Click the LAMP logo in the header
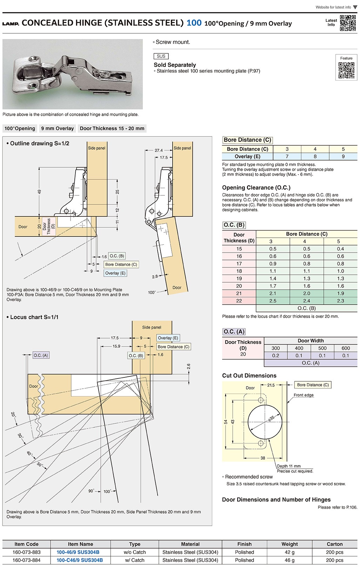pos(11,24)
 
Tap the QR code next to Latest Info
pos(348,23)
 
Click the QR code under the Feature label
pos(346,70)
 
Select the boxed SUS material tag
pos(161,56)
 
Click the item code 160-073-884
pos(26,560)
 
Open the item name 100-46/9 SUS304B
pos(78,552)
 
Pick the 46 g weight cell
pos(289,560)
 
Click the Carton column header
pos(334,544)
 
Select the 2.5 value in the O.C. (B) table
pos(273,301)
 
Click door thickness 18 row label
pos(239,271)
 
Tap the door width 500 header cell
pos(322,348)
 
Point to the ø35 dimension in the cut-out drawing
pos(271,418)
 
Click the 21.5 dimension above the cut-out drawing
pos(271,385)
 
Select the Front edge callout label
pos(304,395)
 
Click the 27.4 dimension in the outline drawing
pos(159,150)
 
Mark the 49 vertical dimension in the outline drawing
pos(39,192)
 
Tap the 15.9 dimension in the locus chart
pos(116,346)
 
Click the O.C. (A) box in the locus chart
pos(41,355)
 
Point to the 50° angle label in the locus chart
pos(39,465)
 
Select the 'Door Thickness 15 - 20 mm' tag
pos(112,128)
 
